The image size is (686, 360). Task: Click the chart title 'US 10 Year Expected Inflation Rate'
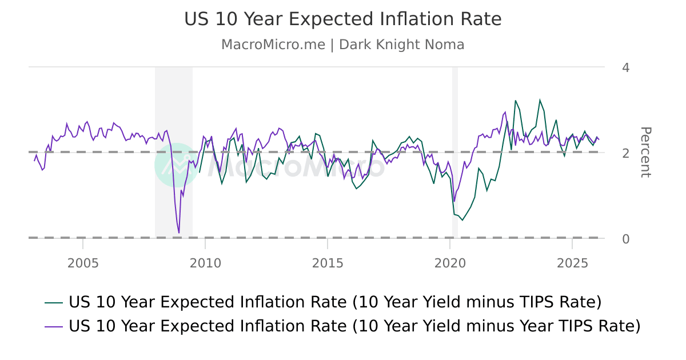(342, 19)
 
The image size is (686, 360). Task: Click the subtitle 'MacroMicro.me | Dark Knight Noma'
(342, 45)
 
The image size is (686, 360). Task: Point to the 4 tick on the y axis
(625, 68)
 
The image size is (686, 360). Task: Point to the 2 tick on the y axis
(625, 153)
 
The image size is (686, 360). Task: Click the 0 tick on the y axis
(625, 238)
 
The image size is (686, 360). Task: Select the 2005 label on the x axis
(83, 263)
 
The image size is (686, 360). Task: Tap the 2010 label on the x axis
(205, 263)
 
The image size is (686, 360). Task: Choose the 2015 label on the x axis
(328, 263)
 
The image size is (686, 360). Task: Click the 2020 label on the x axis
(450, 263)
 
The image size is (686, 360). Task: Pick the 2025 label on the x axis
(572, 263)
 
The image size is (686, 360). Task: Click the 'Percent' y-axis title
(645, 152)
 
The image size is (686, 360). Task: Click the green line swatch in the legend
(54, 302)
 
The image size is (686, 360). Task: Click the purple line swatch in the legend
(54, 326)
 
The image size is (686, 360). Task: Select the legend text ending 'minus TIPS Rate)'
(335, 302)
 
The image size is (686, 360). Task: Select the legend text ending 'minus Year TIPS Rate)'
(354, 326)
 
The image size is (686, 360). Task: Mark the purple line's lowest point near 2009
(179, 233)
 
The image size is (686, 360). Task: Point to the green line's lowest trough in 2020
(462, 220)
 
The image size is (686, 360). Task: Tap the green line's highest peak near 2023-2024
(540, 100)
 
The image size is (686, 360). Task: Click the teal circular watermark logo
(177, 165)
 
